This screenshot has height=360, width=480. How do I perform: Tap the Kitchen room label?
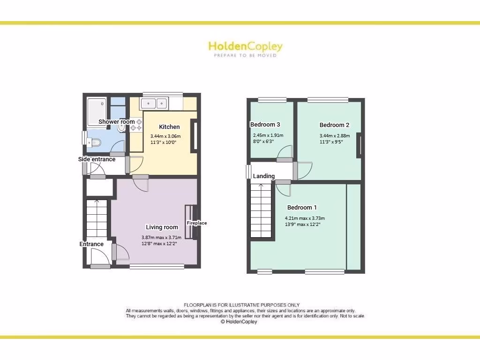[169, 127]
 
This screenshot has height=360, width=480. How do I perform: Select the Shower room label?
[116, 122]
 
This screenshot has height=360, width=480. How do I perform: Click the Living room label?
[162, 227]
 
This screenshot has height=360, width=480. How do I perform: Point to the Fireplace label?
[197, 223]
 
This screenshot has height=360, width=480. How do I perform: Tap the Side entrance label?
[97, 159]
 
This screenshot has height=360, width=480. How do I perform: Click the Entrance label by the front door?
[91, 244]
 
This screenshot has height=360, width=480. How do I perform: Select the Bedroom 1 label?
[302, 208]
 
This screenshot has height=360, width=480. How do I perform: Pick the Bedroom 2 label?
[334, 125]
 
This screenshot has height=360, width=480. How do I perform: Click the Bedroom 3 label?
[265, 125]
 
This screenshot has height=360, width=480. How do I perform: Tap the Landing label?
[263, 176]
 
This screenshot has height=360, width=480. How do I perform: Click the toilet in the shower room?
[94, 142]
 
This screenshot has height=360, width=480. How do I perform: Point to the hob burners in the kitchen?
[136, 124]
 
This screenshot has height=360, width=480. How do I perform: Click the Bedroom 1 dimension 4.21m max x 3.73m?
[305, 218]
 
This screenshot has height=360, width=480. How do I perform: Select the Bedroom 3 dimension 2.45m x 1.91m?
[268, 135]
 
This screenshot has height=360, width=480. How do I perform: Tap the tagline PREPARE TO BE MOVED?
[245, 55]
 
